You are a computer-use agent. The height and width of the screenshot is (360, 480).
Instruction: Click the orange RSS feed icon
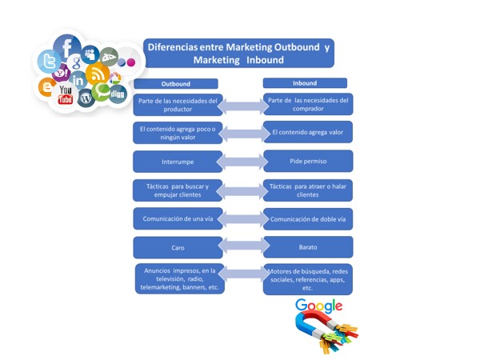pyautogui.click(x=98, y=74)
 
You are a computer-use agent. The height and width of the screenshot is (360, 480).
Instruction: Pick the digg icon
pyautogui.click(x=117, y=94)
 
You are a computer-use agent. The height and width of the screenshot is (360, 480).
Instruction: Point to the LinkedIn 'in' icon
pyautogui.click(x=78, y=80)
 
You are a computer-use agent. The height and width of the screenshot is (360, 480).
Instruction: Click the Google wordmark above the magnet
pyautogui.click(x=318, y=306)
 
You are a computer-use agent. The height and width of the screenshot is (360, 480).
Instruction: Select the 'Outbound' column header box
pyautogui.click(x=176, y=83)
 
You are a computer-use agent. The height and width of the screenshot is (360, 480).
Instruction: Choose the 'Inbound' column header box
pyautogui.click(x=305, y=83)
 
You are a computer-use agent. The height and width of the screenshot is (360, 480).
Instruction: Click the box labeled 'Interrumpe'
pyautogui.click(x=178, y=162)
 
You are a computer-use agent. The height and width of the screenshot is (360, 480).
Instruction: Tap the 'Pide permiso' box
pyautogui.click(x=307, y=162)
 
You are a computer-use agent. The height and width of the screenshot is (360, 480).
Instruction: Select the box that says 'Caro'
pyautogui.click(x=178, y=248)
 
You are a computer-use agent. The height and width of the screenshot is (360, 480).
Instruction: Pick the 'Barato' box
pyautogui.click(x=307, y=248)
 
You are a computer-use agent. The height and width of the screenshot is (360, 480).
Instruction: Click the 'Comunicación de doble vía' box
pyautogui.click(x=307, y=218)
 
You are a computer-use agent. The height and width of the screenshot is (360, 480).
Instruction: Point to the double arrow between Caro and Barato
pyautogui.click(x=242, y=248)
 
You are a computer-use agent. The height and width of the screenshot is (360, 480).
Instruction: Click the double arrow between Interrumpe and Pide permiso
pyautogui.click(x=242, y=162)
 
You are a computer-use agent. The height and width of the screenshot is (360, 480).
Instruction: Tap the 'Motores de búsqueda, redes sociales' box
pyautogui.click(x=307, y=279)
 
